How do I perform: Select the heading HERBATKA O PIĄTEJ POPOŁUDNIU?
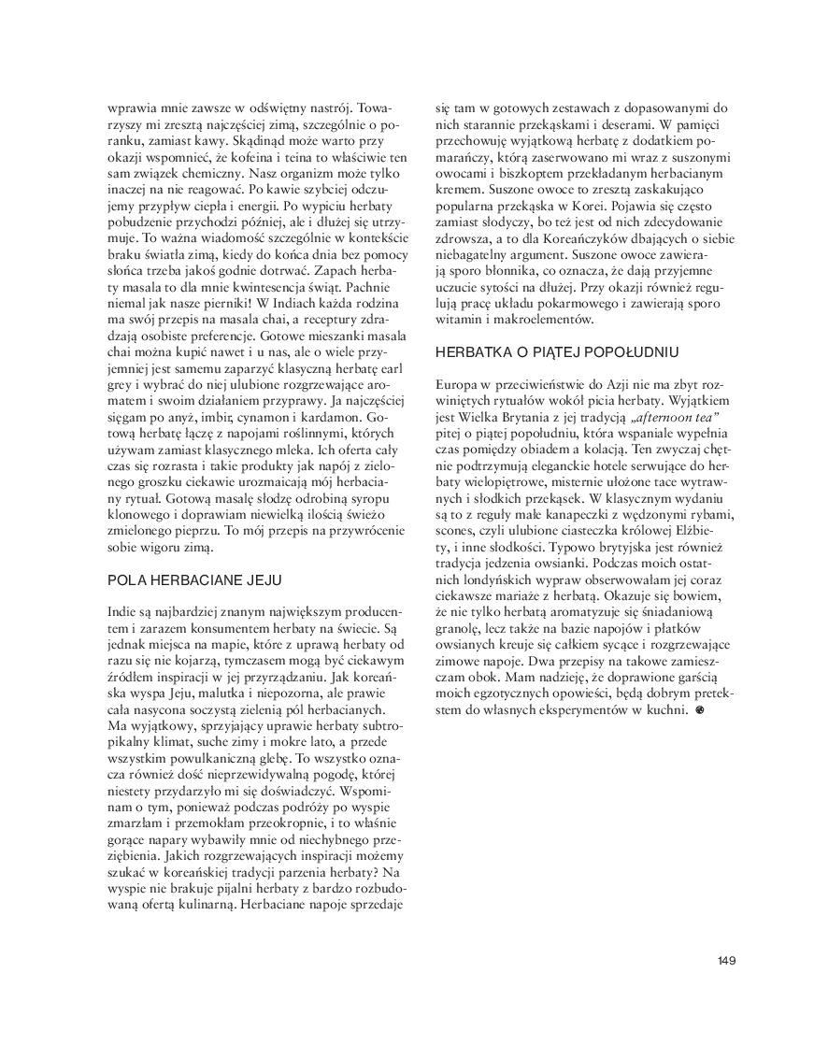coord(557,352)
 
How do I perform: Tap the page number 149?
coord(727,961)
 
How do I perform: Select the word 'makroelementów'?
coord(547,320)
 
